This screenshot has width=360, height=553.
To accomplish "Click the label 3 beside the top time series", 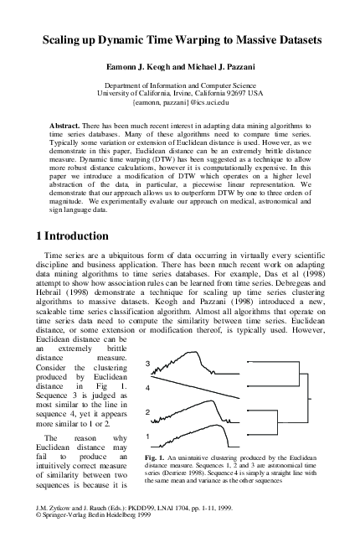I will [x=147, y=364].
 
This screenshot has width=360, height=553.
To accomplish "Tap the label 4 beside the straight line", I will [x=147, y=388].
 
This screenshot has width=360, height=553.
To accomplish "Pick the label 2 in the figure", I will [x=147, y=413].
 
